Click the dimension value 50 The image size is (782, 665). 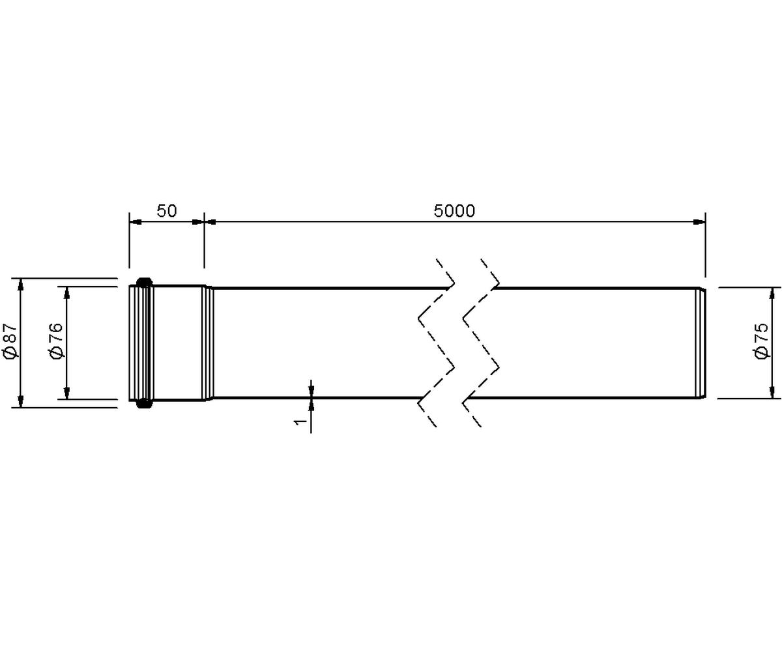167,211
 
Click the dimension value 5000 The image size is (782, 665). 454,211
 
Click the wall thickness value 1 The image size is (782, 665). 301,421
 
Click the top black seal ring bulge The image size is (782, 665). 144,281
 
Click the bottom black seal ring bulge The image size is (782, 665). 144,404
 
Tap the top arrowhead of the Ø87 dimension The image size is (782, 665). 21,284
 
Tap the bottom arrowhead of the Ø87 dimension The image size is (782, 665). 21,401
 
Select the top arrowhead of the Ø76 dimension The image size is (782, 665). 67,292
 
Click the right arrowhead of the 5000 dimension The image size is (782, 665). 699,222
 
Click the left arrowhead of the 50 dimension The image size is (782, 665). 136,222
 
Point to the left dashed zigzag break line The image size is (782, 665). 436,343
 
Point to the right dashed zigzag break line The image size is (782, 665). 480,343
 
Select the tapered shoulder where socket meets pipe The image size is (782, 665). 209,343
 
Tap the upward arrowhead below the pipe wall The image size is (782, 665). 311,405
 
